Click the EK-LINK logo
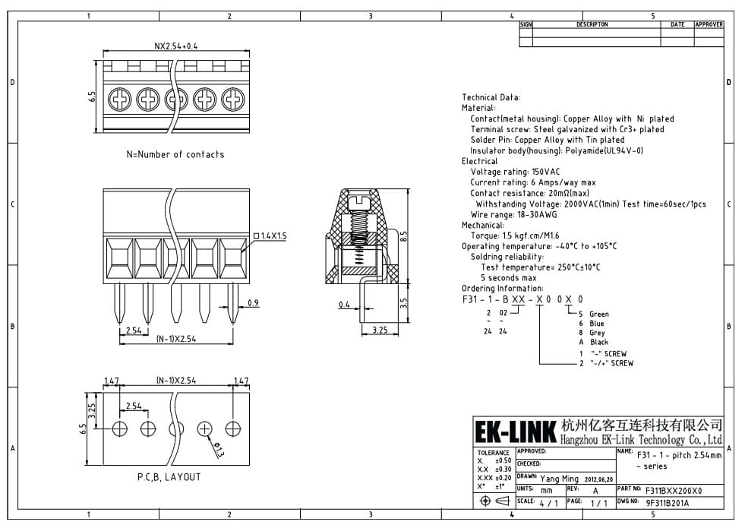point(515,432)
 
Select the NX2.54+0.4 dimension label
point(175,46)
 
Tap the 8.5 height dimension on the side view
point(403,236)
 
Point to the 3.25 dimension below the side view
point(380,330)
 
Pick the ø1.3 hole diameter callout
point(218,449)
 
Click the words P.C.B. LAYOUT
point(169,476)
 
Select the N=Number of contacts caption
point(175,154)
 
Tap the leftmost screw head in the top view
point(119,100)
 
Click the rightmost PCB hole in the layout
point(233,428)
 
